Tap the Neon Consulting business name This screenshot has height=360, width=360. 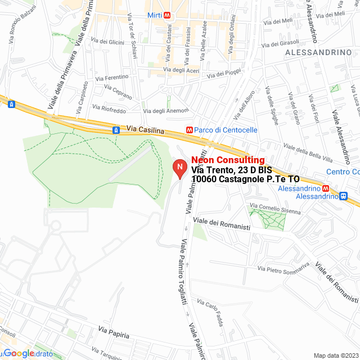coord(228,160)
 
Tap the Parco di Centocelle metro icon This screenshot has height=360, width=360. coord(190,130)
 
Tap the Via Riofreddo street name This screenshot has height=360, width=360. coord(108,107)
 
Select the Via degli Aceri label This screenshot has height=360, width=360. coord(181,70)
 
